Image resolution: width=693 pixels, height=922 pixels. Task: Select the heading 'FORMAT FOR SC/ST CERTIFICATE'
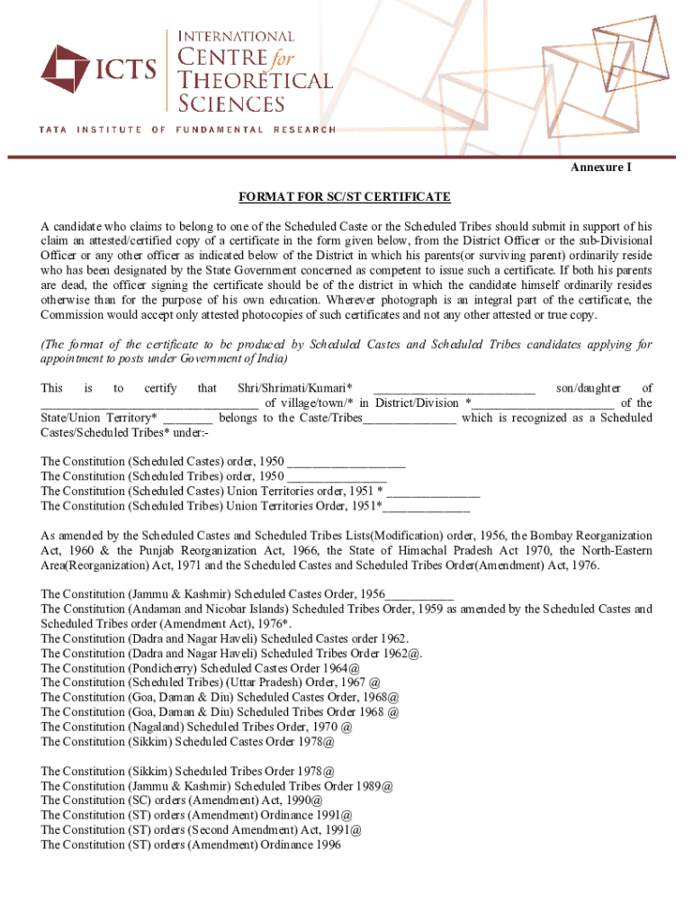pyautogui.click(x=344, y=196)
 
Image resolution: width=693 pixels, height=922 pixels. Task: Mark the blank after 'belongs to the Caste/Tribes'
pyautogui.click(x=409, y=419)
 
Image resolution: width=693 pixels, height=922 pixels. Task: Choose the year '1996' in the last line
pyautogui.click(x=328, y=845)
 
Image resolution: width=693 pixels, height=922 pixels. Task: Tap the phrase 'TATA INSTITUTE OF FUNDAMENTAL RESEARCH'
pyautogui.click(x=187, y=130)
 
